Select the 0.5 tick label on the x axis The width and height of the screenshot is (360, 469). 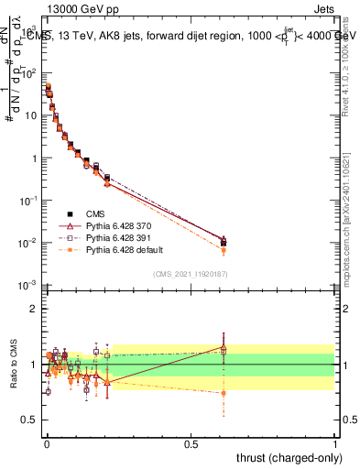pyautogui.click(x=191, y=442)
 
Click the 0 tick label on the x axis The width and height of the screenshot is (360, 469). pyautogui.click(x=46, y=442)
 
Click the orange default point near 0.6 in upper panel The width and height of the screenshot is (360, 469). pyautogui.click(x=224, y=250)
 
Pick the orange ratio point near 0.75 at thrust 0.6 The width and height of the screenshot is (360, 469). pyautogui.click(x=224, y=393)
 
